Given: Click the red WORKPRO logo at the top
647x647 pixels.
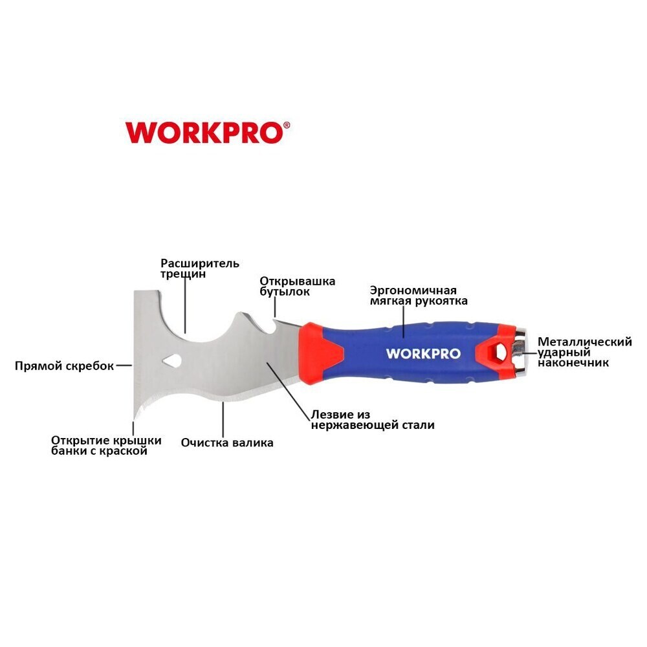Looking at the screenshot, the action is pyautogui.click(x=205, y=133).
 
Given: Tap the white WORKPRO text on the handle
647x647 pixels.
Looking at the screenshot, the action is pyautogui.click(x=423, y=354).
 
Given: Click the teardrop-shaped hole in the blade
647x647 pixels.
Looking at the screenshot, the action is pyautogui.click(x=171, y=360).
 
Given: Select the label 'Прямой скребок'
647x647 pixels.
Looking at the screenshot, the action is pyautogui.click(x=64, y=366).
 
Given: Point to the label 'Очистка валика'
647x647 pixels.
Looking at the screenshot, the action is pyautogui.click(x=227, y=443).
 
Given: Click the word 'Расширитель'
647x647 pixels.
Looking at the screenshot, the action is pyautogui.click(x=200, y=263).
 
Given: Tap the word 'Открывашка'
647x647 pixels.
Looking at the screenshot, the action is pyautogui.click(x=297, y=281).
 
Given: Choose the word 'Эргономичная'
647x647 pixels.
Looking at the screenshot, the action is pyautogui.click(x=413, y=291).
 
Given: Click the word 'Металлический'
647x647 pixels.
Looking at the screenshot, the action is pyautogui.click(x=585, y=342).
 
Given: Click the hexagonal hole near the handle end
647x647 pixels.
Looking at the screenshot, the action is pyautogui.click(x=498, y=353).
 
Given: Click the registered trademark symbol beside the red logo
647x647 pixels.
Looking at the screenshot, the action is pyautogui.click(x=287, y=125).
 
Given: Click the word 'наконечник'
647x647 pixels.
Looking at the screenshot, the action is pyautogui.click(x=573, y=363).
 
